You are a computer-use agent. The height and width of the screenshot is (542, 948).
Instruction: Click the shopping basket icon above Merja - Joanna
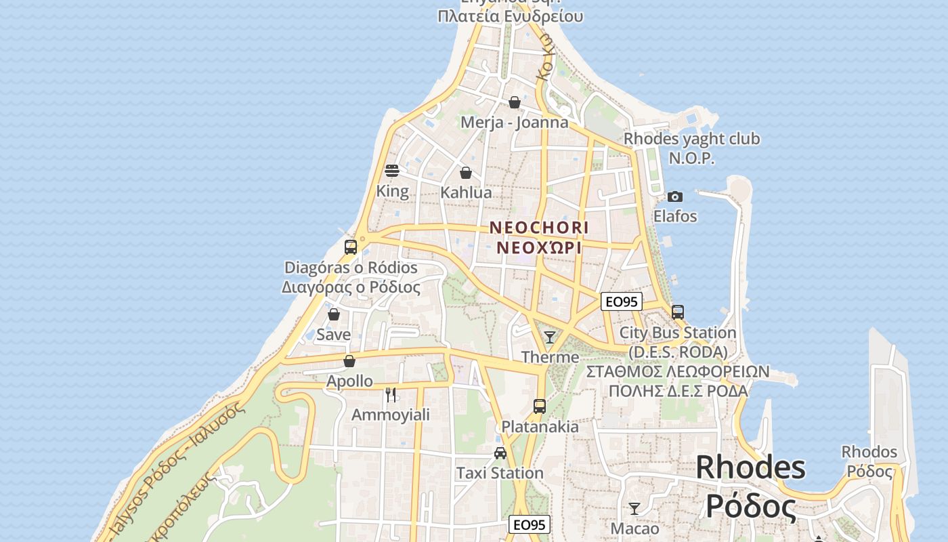click(x=515, y=102)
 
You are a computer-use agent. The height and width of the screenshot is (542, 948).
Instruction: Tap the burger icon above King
click(x=392, y=170)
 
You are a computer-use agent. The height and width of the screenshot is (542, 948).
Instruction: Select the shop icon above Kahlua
click(x=466, y=173)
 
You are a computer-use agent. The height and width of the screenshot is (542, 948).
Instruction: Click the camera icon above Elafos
click(x=675, y=196)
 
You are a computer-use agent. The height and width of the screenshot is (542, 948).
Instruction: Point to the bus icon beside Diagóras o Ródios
click(x=351, y=247)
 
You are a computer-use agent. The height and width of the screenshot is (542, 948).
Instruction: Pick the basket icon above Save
click(x=334, y=314)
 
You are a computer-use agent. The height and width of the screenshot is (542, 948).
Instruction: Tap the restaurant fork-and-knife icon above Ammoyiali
click(x=391, y=394)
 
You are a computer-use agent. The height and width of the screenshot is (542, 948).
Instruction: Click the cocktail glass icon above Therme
click(x=550, y=337)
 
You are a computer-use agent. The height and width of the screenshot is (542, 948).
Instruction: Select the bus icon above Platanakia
click(x=540, y=406)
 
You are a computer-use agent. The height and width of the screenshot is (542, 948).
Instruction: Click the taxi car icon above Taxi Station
click(x=500, y=453)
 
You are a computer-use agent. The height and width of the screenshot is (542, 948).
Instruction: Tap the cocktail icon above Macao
click(x=634, y=508)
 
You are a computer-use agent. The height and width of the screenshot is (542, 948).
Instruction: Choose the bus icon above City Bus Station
click(x=678, y=312)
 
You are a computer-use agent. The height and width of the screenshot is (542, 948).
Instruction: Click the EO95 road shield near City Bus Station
click(x=621, y=301)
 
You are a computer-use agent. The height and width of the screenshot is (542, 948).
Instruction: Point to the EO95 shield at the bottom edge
click(x=530, y=524)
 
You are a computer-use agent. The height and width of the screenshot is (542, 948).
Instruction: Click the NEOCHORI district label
click(x=539, y=227)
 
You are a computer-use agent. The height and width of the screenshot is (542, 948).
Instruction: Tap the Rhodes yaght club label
click(x=691, y=139)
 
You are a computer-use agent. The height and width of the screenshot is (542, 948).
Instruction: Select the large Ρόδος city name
click(x=750, y=505)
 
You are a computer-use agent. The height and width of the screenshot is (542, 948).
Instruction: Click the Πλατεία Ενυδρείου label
click(x=510, y=16)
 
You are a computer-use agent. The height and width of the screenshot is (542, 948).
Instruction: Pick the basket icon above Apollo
click(x=349, y=361)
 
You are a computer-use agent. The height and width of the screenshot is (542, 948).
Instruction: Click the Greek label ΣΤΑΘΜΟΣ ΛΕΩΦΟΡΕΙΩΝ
click(x=678, y=371)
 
